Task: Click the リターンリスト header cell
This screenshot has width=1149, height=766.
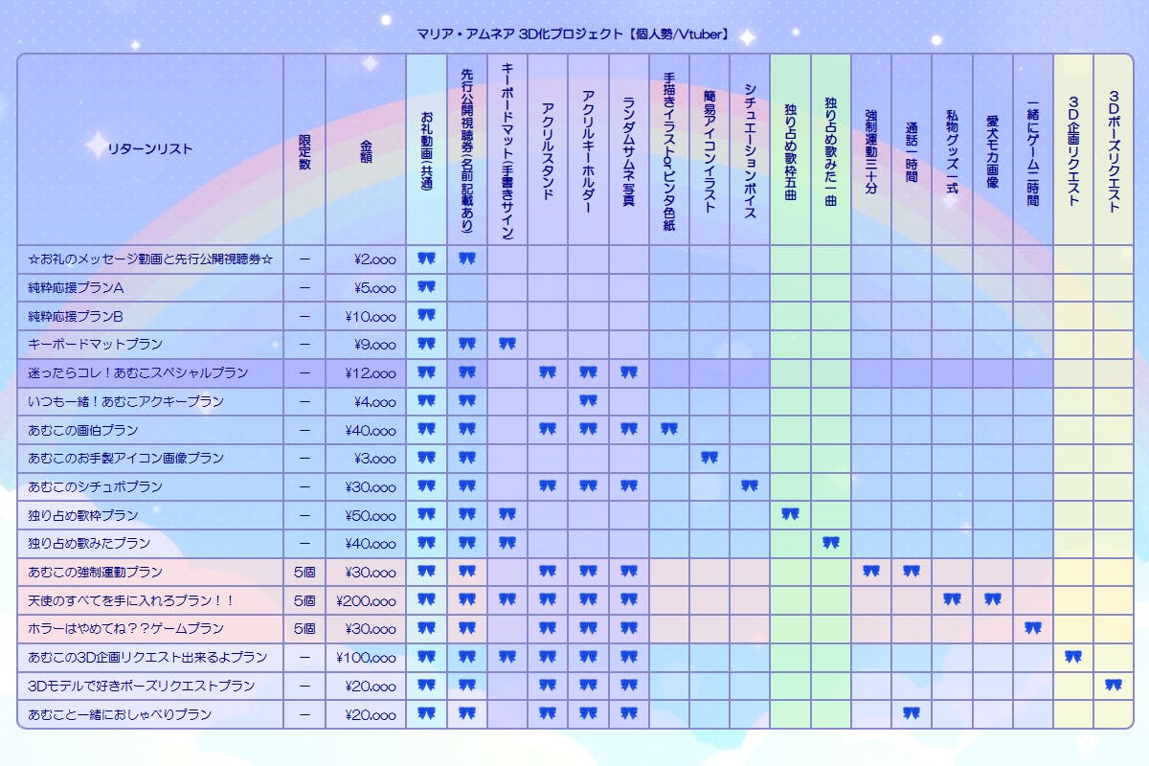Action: [150, 148]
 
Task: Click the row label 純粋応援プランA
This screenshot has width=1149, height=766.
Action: [78, 286]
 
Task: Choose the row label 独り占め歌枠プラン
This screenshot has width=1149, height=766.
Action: [83, 515]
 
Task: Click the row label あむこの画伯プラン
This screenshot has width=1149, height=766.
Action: [83, 430]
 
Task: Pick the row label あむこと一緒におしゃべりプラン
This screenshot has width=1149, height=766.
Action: [120, 714]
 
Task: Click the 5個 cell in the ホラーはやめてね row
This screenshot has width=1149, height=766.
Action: [304, 629]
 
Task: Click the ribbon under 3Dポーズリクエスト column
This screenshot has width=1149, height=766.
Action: [1114, 686]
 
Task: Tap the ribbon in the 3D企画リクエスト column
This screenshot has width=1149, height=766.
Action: [1072, 657]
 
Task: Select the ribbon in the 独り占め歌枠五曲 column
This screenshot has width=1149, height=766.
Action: [790, 515]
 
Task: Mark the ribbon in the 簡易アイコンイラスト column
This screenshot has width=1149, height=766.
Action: [709, 458]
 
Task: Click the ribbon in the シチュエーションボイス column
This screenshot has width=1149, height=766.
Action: [750, 486]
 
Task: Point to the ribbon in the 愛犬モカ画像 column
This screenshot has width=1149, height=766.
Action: [992, 600]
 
